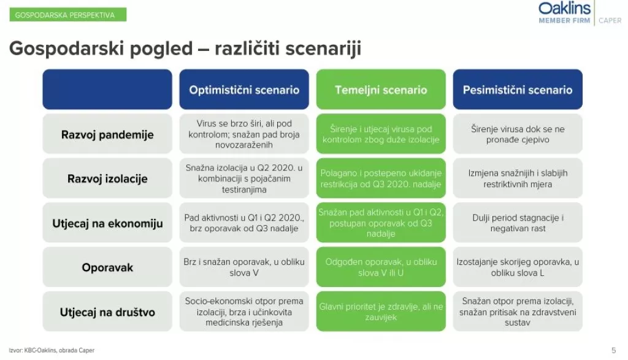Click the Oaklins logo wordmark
[x=564, y=8]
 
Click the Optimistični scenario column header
[x=244, y=90]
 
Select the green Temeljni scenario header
[x=381, y=90]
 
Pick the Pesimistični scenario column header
[x=518, y=90]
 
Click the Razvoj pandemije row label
[x=107, y=134]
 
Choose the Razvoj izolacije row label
[x=107, y=179]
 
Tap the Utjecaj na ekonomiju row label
[x=107, y=223]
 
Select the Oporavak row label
[x=107, y=267]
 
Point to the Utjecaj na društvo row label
[x=107, y=312]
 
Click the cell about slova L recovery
[x=518, y=267]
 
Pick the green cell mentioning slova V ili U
[x=381, y=267]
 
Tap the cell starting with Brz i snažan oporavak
[x=244, y=267]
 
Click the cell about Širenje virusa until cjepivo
[x=518, y=134]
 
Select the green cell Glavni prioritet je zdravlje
[x=381, y=312]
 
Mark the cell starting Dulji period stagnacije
[x=518, y=223]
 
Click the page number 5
[x=613, y=351]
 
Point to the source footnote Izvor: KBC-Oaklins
[x=52, y=351]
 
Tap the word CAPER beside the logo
[x=610, y=20]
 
